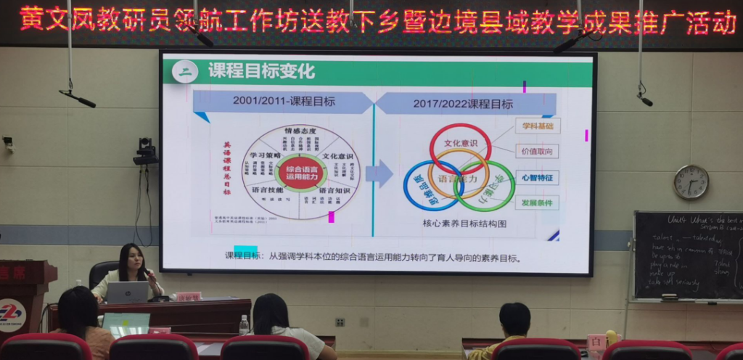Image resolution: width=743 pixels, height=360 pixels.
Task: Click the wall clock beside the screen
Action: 691,182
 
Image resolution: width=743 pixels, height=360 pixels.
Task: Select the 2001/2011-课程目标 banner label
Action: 284,102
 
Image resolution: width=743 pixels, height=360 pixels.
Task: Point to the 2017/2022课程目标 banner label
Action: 463,104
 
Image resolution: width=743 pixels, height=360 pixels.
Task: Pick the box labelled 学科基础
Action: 538,126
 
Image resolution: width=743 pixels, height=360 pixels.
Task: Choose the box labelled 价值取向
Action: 538,151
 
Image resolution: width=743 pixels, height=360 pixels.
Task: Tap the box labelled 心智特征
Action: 538,176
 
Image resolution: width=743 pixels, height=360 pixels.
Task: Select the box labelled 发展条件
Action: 538,202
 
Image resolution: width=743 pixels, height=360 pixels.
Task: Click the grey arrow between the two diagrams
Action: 379,173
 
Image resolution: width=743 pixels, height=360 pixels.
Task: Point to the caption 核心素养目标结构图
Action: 465,224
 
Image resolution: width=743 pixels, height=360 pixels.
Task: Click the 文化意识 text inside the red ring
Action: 460,143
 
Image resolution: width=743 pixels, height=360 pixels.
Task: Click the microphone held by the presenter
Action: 148,272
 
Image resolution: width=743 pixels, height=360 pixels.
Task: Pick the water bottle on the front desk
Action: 244,324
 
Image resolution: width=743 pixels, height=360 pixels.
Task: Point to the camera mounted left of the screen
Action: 146,151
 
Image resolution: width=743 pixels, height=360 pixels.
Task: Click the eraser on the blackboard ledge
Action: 670,297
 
